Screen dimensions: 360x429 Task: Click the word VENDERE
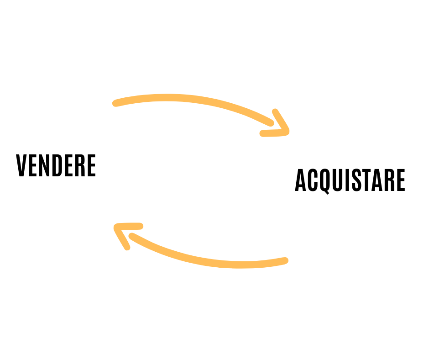tap(56, 165)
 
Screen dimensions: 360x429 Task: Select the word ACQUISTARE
tap(350, 180)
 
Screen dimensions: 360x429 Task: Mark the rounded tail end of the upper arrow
tap(116, 103)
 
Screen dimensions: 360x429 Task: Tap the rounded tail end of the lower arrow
tap(285, 261)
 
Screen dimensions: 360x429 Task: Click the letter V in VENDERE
tap(22, 165)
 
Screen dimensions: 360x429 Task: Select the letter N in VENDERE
tap(45, 165)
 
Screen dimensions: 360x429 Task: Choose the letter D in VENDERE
tap(57, 165)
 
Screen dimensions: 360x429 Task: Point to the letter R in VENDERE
tap(79, 165)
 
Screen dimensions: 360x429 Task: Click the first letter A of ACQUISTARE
tap(301, 180)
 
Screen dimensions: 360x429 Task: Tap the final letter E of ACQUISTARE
tap(400, 180)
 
